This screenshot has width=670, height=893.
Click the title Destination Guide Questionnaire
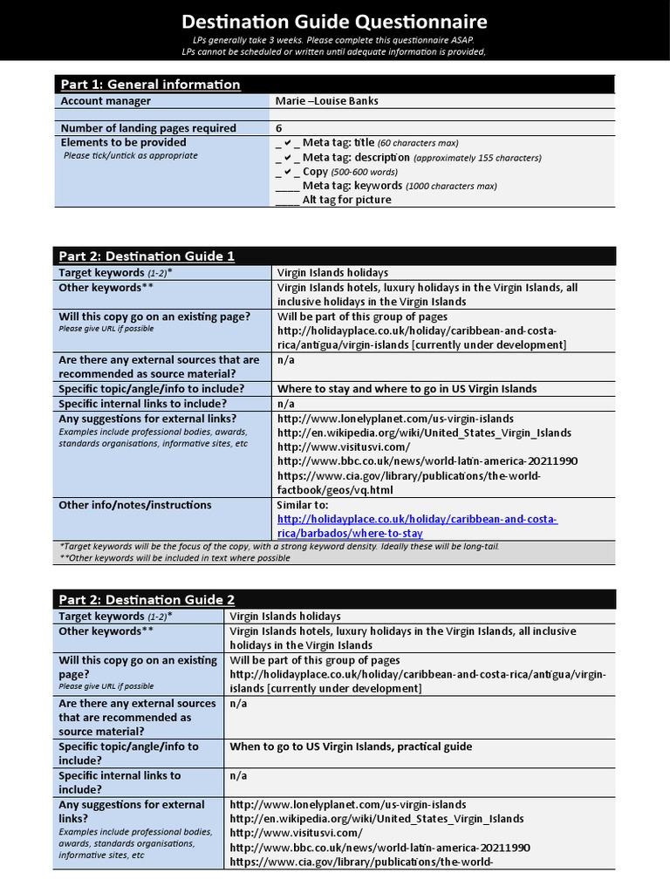pos(334,22)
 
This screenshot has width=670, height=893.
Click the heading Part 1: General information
pos(149,85)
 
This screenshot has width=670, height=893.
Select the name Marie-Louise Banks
pos(326,101)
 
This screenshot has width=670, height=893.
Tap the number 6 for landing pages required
pos(279,128)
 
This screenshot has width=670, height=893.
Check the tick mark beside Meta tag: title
pos(288,143)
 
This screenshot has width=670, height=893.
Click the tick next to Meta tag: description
pos(288,158)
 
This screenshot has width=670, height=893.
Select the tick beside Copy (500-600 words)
pos(288,172)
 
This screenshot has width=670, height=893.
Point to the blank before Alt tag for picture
pos(287,200)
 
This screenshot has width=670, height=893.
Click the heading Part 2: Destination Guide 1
pos(147,256)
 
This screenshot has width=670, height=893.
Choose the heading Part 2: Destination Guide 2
pos(147,600)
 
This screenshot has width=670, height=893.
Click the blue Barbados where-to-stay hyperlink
pos(417,526)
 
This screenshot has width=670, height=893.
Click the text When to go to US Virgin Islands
pos(351,746)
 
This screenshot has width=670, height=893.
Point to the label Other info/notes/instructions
pos(135,505)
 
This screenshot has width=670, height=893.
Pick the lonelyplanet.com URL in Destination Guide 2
pos(348,805)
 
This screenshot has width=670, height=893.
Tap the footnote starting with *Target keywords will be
pos(279,547)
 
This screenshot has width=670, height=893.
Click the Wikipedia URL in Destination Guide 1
pos(424,433)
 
